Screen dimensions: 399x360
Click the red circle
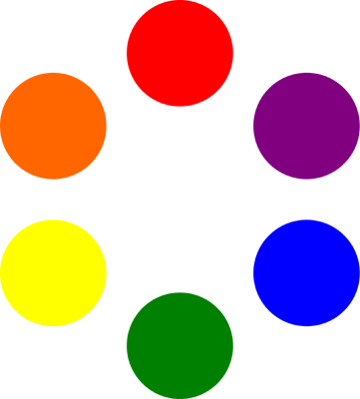180,53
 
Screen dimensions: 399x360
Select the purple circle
306,126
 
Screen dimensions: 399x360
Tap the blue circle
306,272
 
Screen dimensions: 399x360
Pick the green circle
180,346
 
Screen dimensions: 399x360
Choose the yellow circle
53,272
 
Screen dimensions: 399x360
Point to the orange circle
53,126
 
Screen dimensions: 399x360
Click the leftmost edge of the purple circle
254,126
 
